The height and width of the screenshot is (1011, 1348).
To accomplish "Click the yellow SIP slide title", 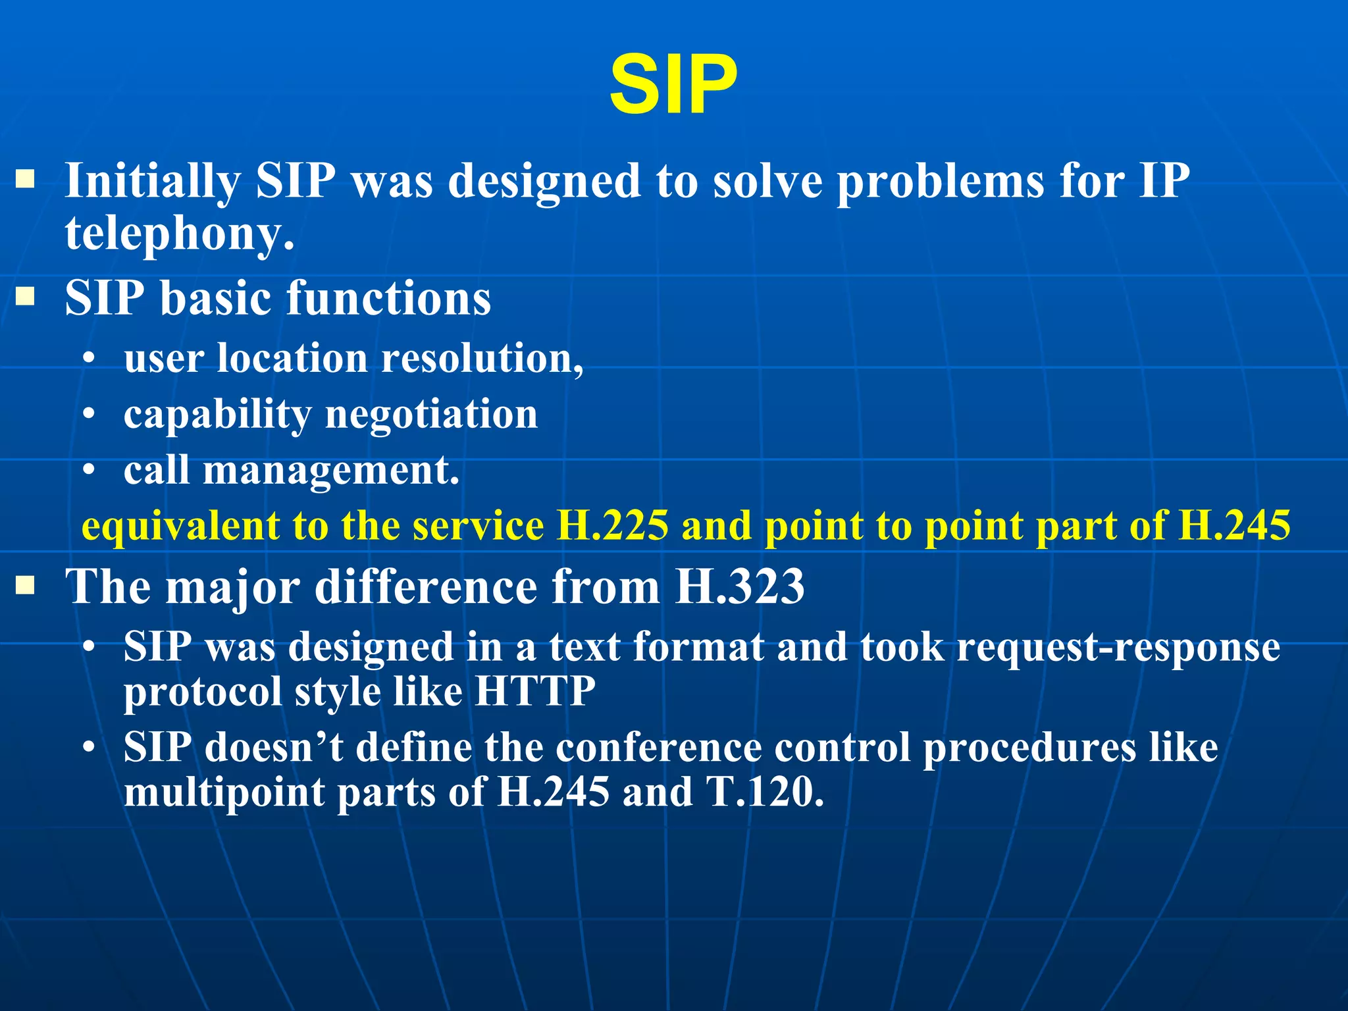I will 673,86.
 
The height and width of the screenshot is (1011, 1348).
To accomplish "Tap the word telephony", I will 179,234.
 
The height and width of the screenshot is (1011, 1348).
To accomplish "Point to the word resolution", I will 482,359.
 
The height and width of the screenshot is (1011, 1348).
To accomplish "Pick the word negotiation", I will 431,415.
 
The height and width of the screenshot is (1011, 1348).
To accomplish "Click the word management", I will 330,471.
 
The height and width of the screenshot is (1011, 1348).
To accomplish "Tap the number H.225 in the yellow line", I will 612,527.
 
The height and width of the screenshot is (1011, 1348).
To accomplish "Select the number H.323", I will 740,586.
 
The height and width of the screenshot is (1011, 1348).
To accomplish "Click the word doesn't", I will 273,748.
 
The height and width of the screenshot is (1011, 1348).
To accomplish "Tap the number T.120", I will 765,792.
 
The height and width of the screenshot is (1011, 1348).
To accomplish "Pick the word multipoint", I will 224,792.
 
